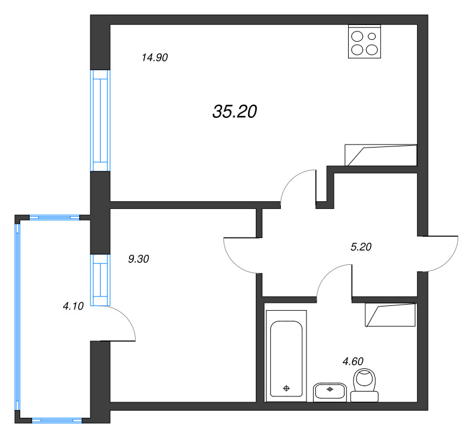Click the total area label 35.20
pyautogui.click(x=234, y=111)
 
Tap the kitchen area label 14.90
pyautogui.click(x=155, y=57)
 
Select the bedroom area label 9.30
pyautogui.click(x=139, y=259)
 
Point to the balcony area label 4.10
pyautogui.click(x=73, y=306)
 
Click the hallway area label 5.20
pyautogui.click(x=361, y=247)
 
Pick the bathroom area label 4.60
pyautogui.click(x=353, y=361)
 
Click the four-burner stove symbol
pyautogui.click(x=364, y=42)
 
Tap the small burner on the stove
pyautogui.click(x=372, y=36)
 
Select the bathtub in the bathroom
pyautogui.click(x=286, y=356)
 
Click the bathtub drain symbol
pyautogui.click(x=286, y=388)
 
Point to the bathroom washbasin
pyautogui.click(x=330, y=392)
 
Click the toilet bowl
pyautogui.click(x=365, y=380)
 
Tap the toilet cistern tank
pyautogui.click(x=364, y=396)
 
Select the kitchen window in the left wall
pyautogui.click(x=100, y=121)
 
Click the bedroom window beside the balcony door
pyautogui.click(x=100, y=280)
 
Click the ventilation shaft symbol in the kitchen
pyautogui.click(x=381, y=155)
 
